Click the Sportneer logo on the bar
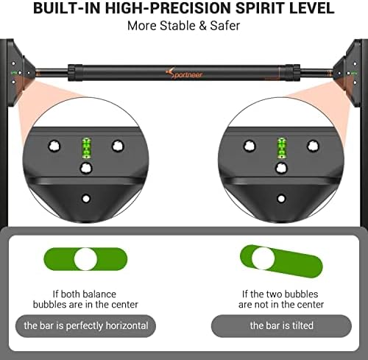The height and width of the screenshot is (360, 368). (x=184, y=73)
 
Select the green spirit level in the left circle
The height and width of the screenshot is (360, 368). (x=86, y=148)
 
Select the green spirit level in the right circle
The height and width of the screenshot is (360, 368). (x=282, y=147)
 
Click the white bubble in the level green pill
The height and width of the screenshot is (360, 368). (x=85, y=259)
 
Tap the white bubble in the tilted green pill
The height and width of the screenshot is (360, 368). (x=263, y=258)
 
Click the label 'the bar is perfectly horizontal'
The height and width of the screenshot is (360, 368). (x=86, y=326)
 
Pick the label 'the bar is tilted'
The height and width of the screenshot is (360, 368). (x=282, y=326)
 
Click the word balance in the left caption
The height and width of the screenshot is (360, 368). (x=99, y=294)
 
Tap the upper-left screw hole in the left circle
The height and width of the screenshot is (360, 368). (x=54, y=147)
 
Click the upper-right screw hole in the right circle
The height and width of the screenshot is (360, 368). (x=313, y=146)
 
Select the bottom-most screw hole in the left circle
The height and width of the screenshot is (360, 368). (x=86, y=198)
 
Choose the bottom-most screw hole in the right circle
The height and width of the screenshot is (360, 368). (x=281, y=198)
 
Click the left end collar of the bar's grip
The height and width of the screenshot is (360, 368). (x=72, y=73)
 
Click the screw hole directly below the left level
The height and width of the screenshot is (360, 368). (x=86, y=169)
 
